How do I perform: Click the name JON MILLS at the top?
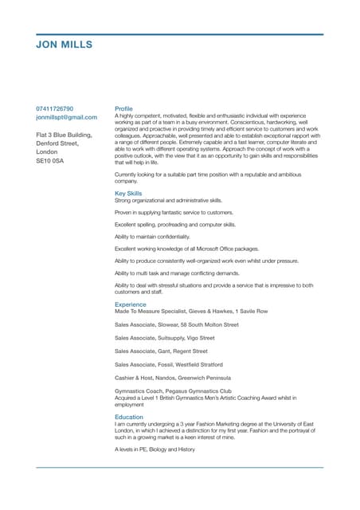[65, 45]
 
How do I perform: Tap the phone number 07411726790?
[55, 108]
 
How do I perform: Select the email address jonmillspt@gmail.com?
[67, 117]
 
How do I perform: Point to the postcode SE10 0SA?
[50, 161]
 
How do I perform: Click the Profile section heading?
[123, 108]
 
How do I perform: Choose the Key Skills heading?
[128, 193]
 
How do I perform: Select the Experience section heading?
[131, 304]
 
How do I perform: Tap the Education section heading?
[129, 417]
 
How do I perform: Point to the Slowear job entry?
[176, 325]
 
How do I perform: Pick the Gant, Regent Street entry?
[161, 351]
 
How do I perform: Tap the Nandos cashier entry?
[173, 377]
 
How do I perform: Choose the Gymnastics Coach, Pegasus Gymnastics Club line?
[173, 391]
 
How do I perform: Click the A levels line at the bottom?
[155, 449]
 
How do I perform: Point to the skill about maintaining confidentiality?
[152, 237]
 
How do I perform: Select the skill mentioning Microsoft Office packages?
[182, 249]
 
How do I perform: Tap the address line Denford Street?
[59, 143]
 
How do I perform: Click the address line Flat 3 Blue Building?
[65, 135]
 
